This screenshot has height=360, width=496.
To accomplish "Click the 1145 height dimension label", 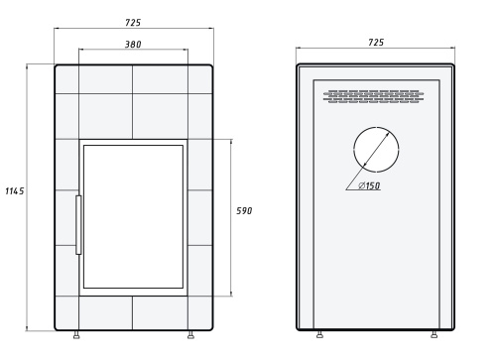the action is pos(15,191).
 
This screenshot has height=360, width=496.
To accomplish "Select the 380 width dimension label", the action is pos(133,45).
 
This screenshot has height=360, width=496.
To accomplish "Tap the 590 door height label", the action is pos(244,211).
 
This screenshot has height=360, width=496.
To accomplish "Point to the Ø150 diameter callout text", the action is pos(369,185).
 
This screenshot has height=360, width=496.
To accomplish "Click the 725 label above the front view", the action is pos(133,23).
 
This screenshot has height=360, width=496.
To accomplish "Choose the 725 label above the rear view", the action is pos(376,43).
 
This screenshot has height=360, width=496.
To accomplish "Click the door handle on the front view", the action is pos(78,225).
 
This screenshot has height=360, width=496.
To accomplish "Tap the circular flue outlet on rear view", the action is pos(376,127).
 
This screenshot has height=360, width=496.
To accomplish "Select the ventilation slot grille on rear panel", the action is pos(374,96).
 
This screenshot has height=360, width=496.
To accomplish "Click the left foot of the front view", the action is pos(76,335).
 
